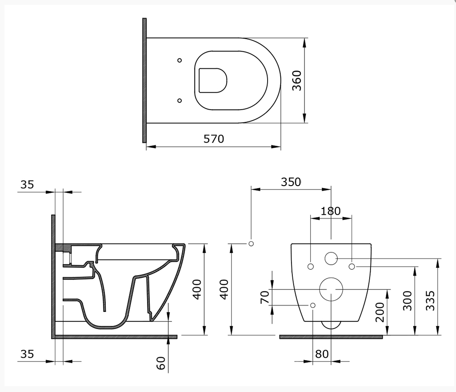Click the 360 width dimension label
click(x=297, y=80)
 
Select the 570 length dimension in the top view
click(x=214, y=138)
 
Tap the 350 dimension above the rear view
click(x=291, y=182)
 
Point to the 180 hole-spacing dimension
click(x=331, y=210)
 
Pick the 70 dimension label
click(x=264, y=297)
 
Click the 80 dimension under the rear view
click(x=322, y=354)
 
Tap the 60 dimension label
click(x=161, y=362)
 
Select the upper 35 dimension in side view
click(x=27, y=184)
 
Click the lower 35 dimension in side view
click(x=27, y=354)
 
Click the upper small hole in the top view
click(x=179, y=60)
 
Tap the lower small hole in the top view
click(x=179, y=100)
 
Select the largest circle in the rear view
click(x=331, y=289)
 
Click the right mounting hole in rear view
click(x=352, y=267)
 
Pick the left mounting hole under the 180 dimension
click(x=311, y=267)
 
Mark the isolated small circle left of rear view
click(x=251, y=243)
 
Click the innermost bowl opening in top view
click(x=213, y=80)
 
